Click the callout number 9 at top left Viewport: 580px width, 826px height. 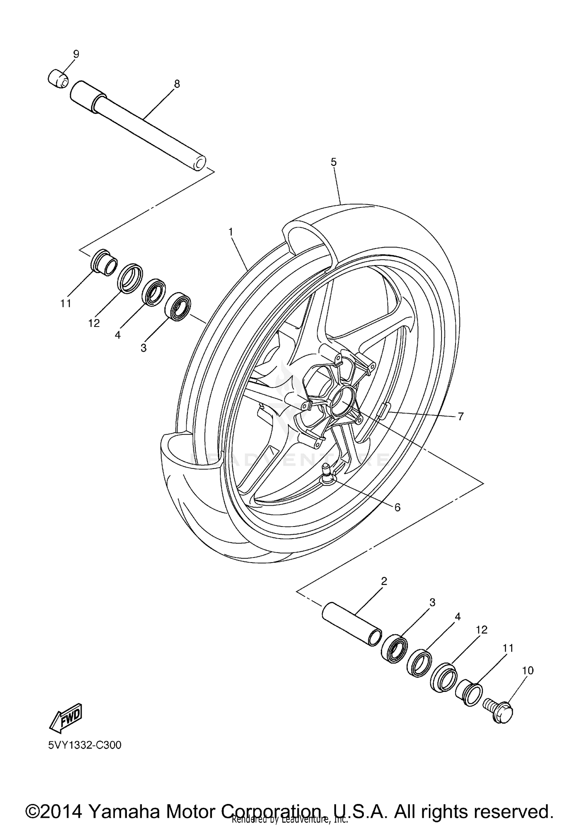pos(76,54)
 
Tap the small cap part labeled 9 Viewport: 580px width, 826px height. pos(58,79)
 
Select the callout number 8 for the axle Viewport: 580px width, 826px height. pos(177,84)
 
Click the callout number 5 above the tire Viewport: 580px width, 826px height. pos(334,162)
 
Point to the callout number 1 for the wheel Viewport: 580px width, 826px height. pos(231,232)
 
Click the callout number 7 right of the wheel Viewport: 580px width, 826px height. pos(460,417)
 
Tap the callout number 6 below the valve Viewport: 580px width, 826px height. pos(397,507)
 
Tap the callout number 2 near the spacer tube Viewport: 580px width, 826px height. pos(384,592)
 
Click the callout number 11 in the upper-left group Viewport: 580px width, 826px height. pos(66,304)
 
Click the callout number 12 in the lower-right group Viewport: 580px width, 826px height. pos(482,630)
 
